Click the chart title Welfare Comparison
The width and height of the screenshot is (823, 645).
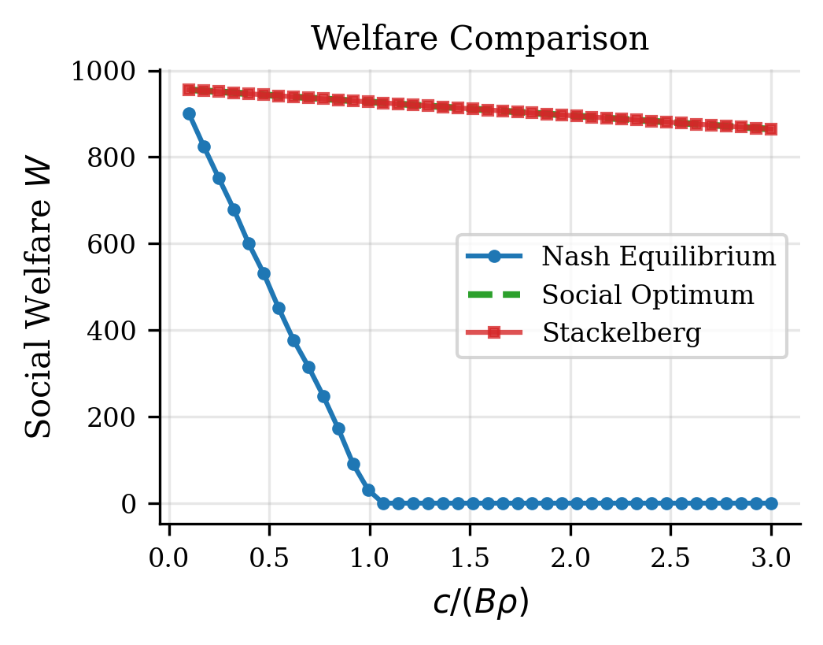point(480,39)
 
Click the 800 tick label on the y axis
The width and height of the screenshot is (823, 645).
point(115,158)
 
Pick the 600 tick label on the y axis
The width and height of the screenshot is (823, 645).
point(115,244)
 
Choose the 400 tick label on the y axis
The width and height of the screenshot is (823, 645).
point(115,331)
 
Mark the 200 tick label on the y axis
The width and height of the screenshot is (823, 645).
point(115,417)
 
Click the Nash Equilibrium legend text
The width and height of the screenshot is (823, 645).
point(659,256)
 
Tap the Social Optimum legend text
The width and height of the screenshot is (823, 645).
point(648,295)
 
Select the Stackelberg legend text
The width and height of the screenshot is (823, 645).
point(622,333)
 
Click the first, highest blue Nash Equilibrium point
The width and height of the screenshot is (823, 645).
point(189,113)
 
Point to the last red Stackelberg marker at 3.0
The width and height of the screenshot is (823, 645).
point(771,129)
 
